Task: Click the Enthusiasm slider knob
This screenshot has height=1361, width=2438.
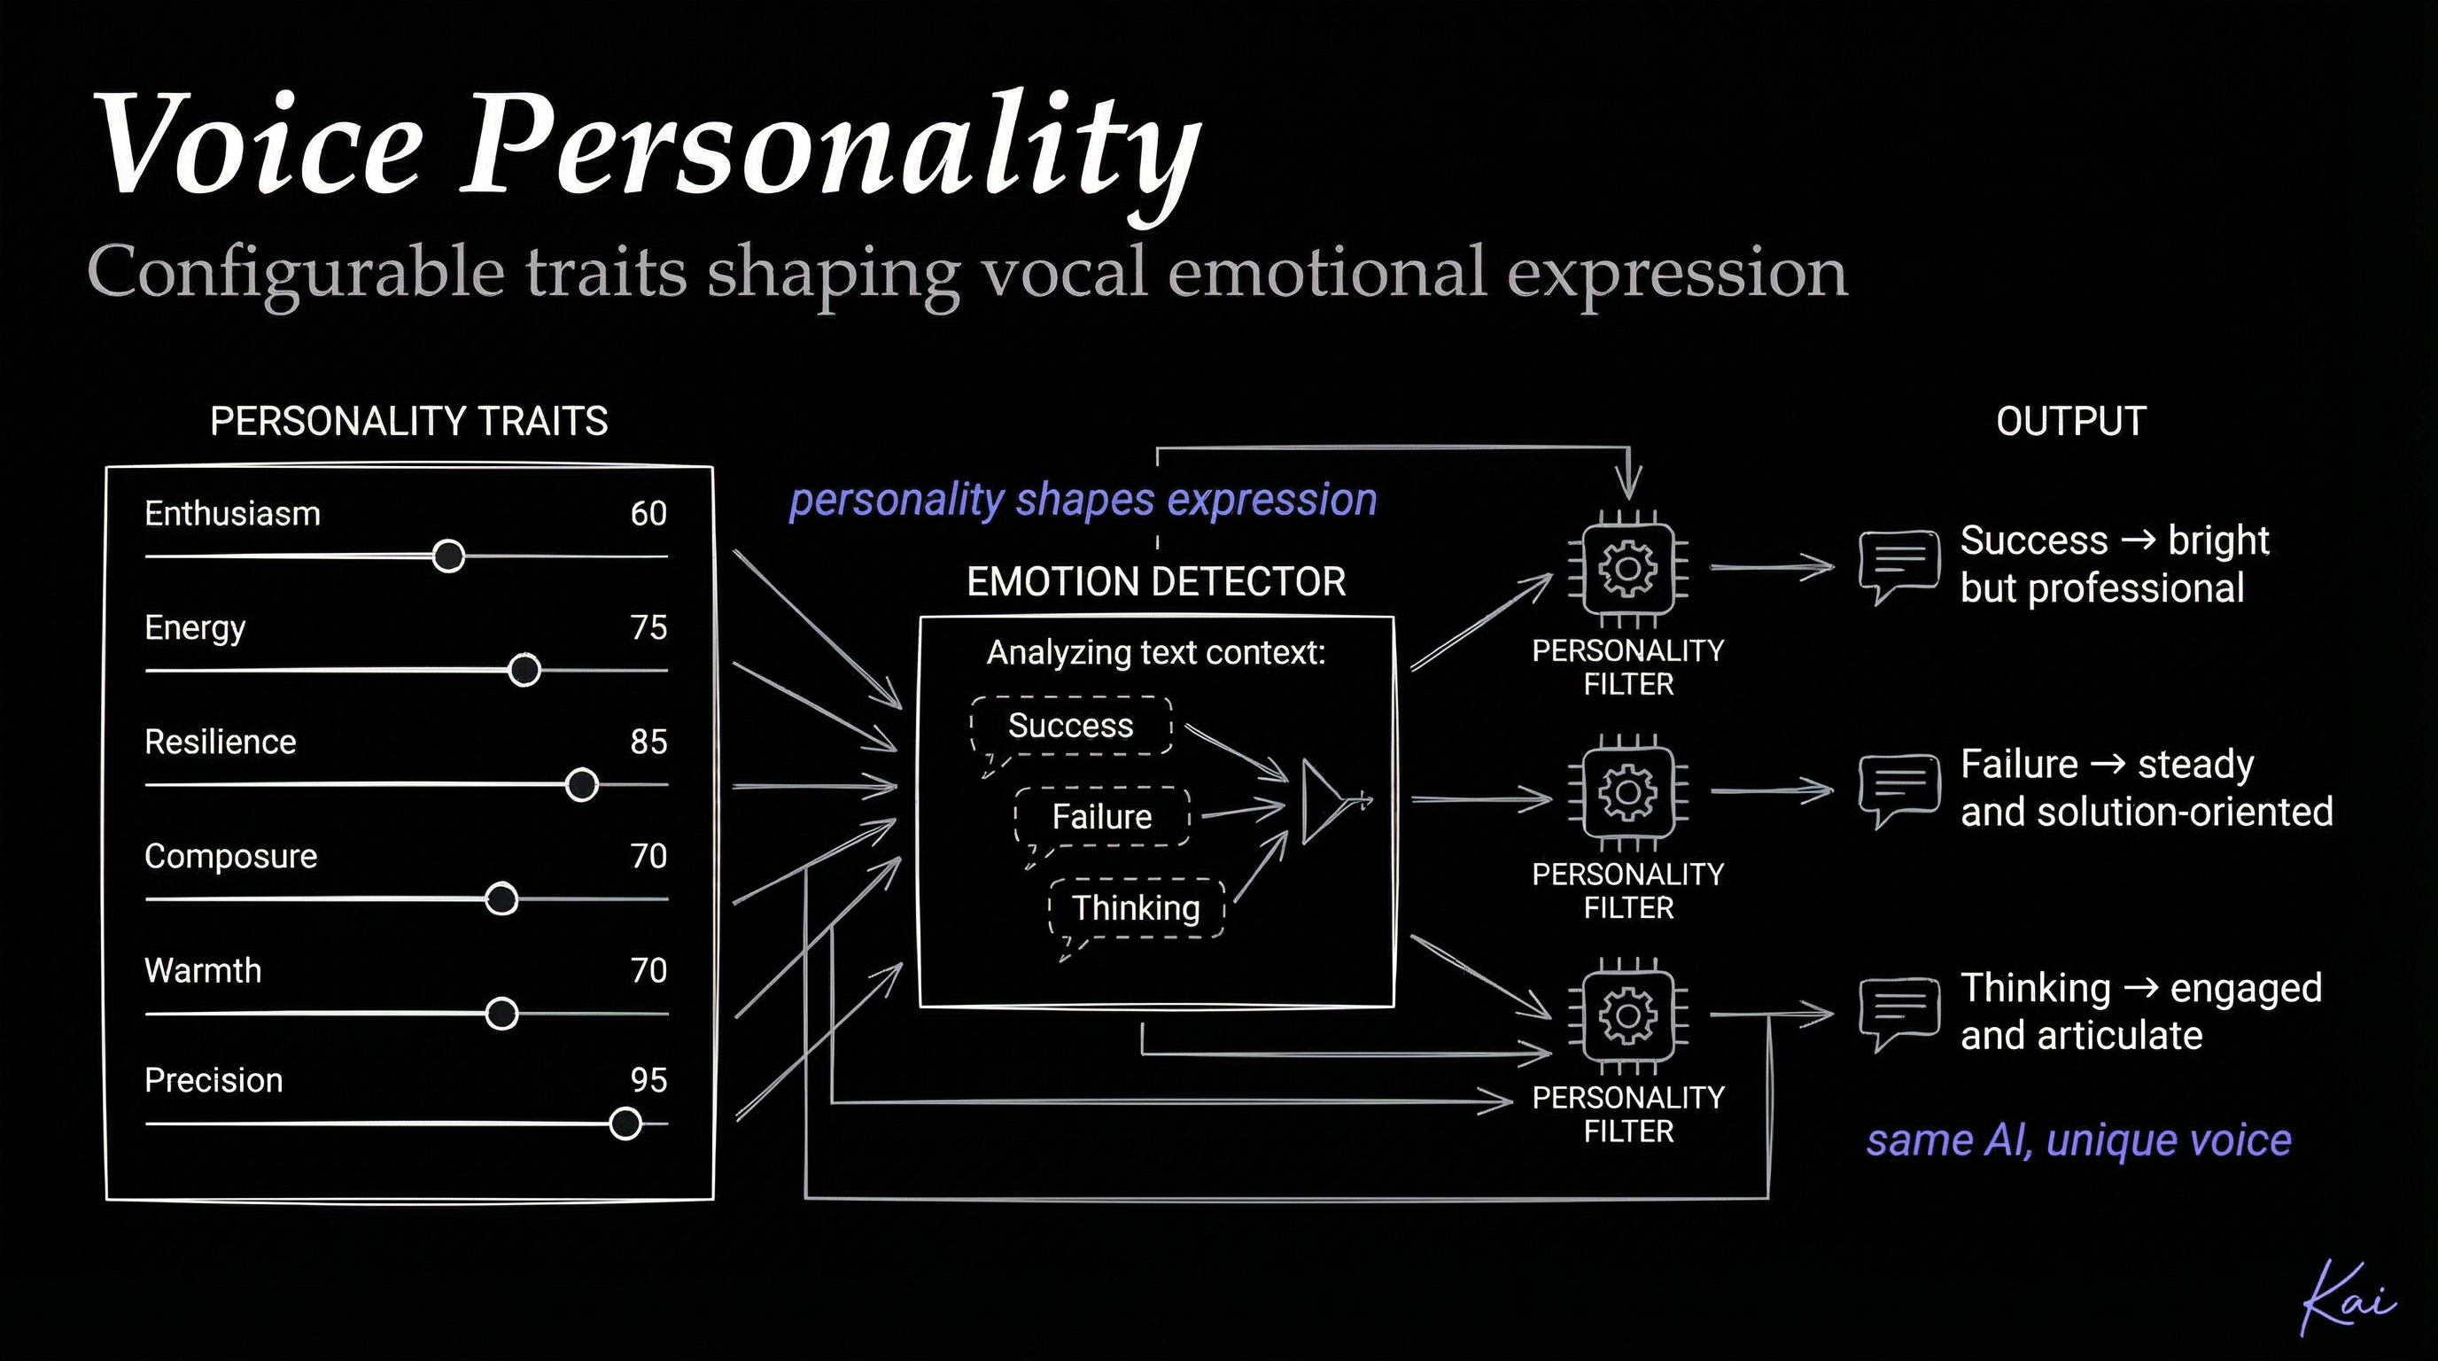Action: coord(448,556)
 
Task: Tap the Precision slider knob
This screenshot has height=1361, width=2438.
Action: coord(625,1124)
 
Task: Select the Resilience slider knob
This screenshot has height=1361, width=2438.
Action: coord(581,784)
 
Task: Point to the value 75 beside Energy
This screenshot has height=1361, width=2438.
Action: coord(648,627)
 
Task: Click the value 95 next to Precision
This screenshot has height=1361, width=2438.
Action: coord(648,1080)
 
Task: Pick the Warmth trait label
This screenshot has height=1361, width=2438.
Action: coord(203,970)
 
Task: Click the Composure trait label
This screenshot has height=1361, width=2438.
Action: coord(230,856)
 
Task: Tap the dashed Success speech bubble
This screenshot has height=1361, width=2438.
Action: coord(1070,726)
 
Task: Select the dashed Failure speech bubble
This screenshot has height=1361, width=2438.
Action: coord(1102,817)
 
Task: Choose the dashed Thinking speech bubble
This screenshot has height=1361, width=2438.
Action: coord(1136,908)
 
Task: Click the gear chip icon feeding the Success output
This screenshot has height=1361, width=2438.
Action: coord(1628,569)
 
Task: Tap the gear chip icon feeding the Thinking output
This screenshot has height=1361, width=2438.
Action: coord(1628,1015)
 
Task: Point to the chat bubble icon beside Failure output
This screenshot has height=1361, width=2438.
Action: coord(1898,789)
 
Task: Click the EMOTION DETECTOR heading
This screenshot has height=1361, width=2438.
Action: coord(1155,581)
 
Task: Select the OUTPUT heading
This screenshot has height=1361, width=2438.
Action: coord(2069,421)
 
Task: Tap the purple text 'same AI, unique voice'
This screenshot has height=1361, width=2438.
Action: coord(2078,1140)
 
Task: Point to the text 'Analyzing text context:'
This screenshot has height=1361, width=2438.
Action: coord(1155,652)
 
